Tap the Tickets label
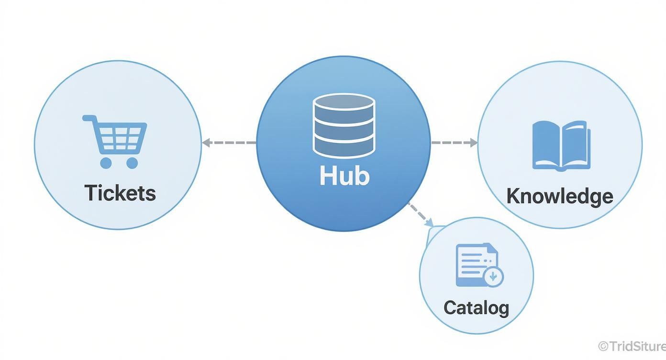120,192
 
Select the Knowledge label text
559,196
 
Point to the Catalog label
476,307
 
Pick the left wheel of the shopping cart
106,163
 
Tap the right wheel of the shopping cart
132,163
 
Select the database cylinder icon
344,126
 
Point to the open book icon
561,146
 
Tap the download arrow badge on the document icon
493,276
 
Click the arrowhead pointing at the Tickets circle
206,143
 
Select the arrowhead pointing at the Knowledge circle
474,143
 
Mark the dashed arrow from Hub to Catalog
420,214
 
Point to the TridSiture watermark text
633,346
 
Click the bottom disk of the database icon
344,148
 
